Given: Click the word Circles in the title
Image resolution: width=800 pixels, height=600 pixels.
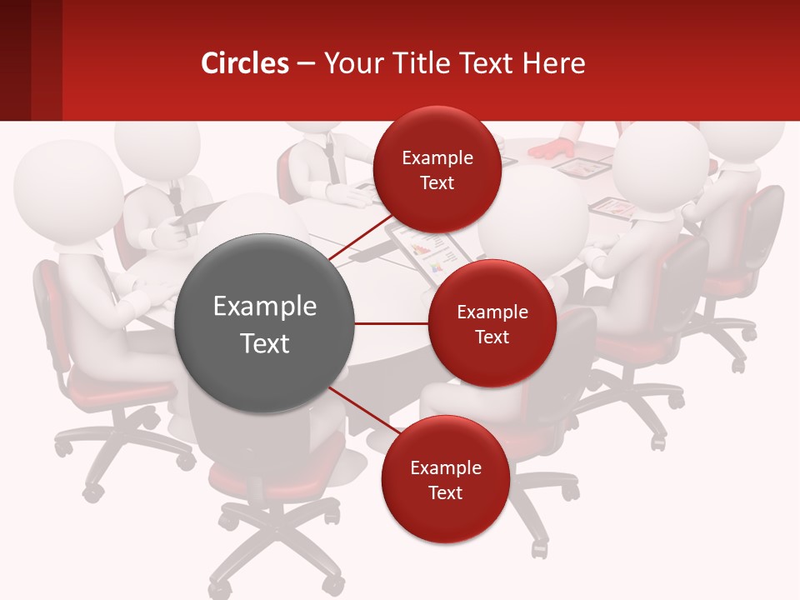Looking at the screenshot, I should (244, 63).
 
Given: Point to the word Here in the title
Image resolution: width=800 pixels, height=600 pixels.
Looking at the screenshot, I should (554, 63).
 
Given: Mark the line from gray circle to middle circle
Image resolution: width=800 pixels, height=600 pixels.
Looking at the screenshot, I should (392, 323).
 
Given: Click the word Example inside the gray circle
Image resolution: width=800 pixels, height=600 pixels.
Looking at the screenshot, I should (265, 307).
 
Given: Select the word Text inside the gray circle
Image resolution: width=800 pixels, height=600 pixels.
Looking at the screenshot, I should (265, 343).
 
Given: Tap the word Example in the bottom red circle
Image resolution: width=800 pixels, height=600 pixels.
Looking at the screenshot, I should (445, 467).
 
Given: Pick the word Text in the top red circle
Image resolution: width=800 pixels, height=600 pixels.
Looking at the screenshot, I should (437, 183).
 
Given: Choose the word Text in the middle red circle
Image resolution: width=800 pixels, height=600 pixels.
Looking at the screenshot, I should (492, 337).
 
